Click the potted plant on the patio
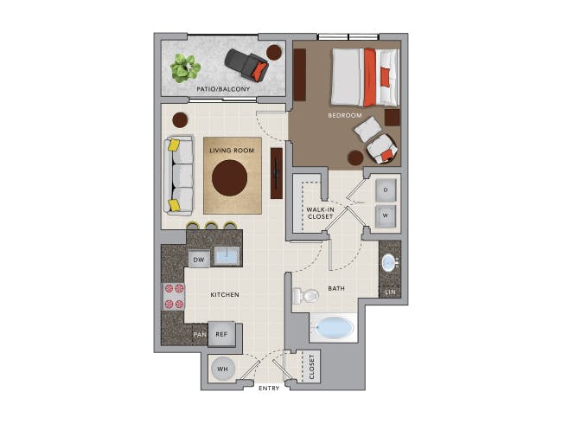click(185, 67)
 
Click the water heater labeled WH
click(223, 369)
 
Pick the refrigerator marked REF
click(221, 334)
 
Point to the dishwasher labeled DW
click(199, 260)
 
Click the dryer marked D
click(386, 190)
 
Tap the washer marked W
click(386, 216)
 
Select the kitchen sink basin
click(227, 256)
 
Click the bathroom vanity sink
click(389, 263)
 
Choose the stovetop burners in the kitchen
click(174, 296)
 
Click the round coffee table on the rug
click(229, 178)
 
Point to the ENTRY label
click(269, 389)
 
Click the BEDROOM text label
click(345, 115)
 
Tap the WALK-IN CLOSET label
click(320, 213)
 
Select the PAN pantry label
click(200, 334)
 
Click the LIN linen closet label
click(390, 292)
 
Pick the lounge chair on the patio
click(247, 64)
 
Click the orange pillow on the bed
click(386, 77)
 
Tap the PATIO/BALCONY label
click(223, 88)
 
